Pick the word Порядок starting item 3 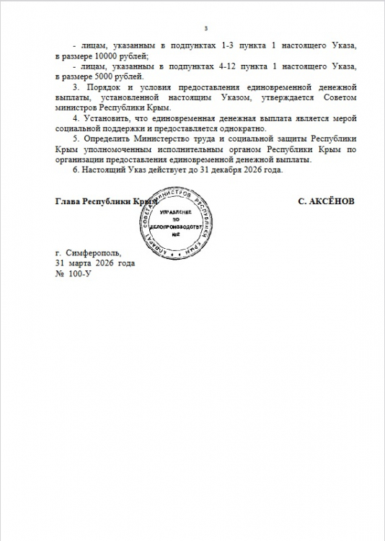104,87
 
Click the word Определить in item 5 109,139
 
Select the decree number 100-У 79,275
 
